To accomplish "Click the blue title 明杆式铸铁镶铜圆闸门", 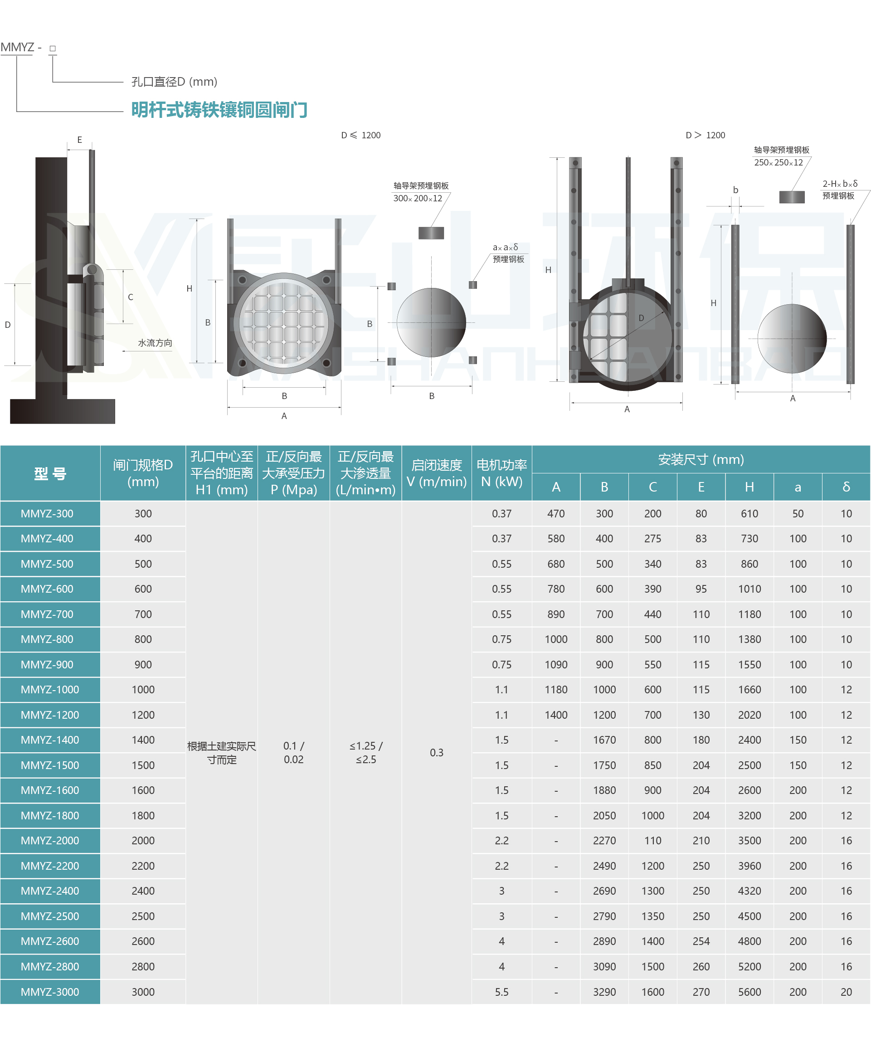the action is (x=219, y=109).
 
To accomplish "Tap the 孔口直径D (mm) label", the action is (x=174, y=82).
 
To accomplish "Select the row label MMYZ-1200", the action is (x=50, y=715).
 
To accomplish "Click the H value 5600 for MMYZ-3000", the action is (x=749, y=992).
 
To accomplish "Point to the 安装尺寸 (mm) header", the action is (x=701, y=459).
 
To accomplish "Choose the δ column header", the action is (x=846, y=487).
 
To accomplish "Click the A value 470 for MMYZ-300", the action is (x=556, y=514).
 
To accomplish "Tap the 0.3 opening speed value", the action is (x=437, y=752).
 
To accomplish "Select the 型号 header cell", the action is (x=50, y=473).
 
